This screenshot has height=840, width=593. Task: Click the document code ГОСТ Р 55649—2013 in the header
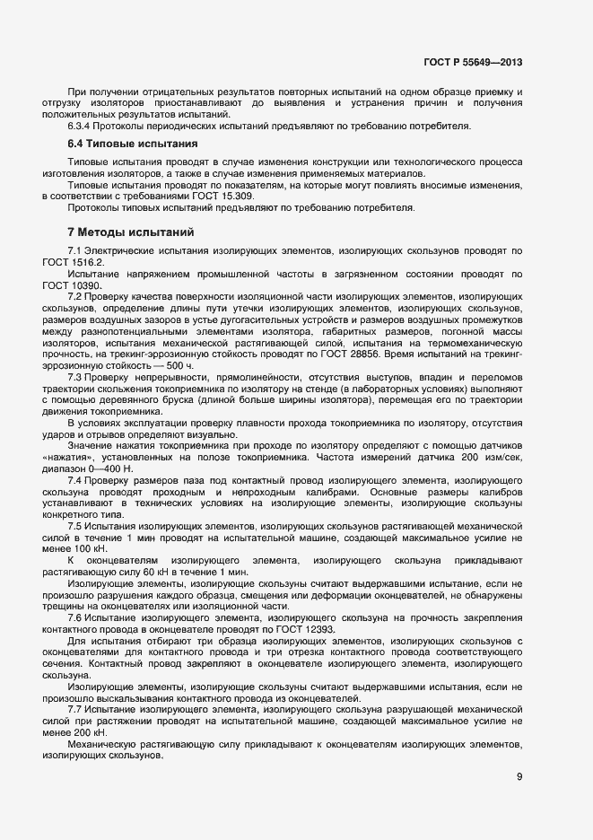[x=472, y=62]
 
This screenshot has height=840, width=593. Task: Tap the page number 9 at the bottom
[x=519, y=776]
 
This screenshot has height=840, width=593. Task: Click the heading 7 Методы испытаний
[x=130, y=232]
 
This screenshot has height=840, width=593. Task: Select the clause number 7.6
[x=75, y=617]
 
